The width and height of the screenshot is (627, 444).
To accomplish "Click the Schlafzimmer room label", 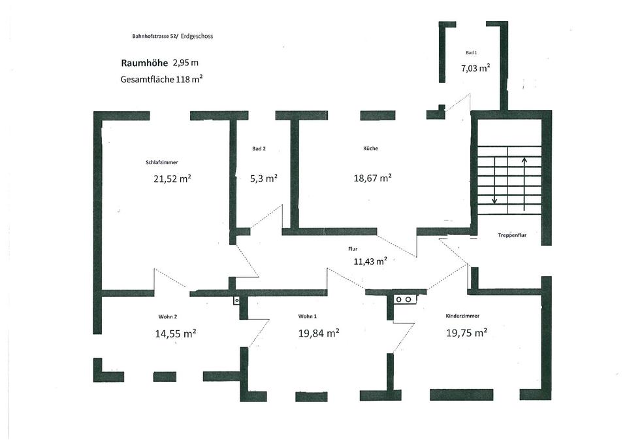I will (x=162, y=162).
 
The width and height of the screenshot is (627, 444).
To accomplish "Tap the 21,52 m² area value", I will (x=172, y=179).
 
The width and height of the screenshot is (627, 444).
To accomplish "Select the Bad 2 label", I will (x=259, y=149).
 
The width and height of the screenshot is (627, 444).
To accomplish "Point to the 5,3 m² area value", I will (x=264, y=178).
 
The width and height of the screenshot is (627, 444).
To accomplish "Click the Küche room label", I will (x=370, y=148).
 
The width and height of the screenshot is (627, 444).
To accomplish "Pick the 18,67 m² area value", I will (x=372, y=178).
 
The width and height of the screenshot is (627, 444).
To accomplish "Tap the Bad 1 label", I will (x=471, y=52).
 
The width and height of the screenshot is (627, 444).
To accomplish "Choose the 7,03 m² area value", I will (x=475, y=67).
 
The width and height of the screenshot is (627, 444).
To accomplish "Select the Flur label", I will (x=353, y=249).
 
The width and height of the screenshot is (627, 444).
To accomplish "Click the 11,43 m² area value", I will (x=370, y=260).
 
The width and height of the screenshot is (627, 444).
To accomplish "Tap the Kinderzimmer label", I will (x=462, y=316).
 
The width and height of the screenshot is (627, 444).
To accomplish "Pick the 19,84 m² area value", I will (x=317, y=333).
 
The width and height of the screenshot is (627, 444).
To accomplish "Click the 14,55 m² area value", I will (x=175, y=333).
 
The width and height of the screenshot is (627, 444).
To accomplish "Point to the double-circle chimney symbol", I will (x=403, y=299).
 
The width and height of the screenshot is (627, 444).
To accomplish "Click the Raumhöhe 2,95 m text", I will (x=159, y=63).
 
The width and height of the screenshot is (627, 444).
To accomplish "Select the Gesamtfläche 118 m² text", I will (x=161, y=79).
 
